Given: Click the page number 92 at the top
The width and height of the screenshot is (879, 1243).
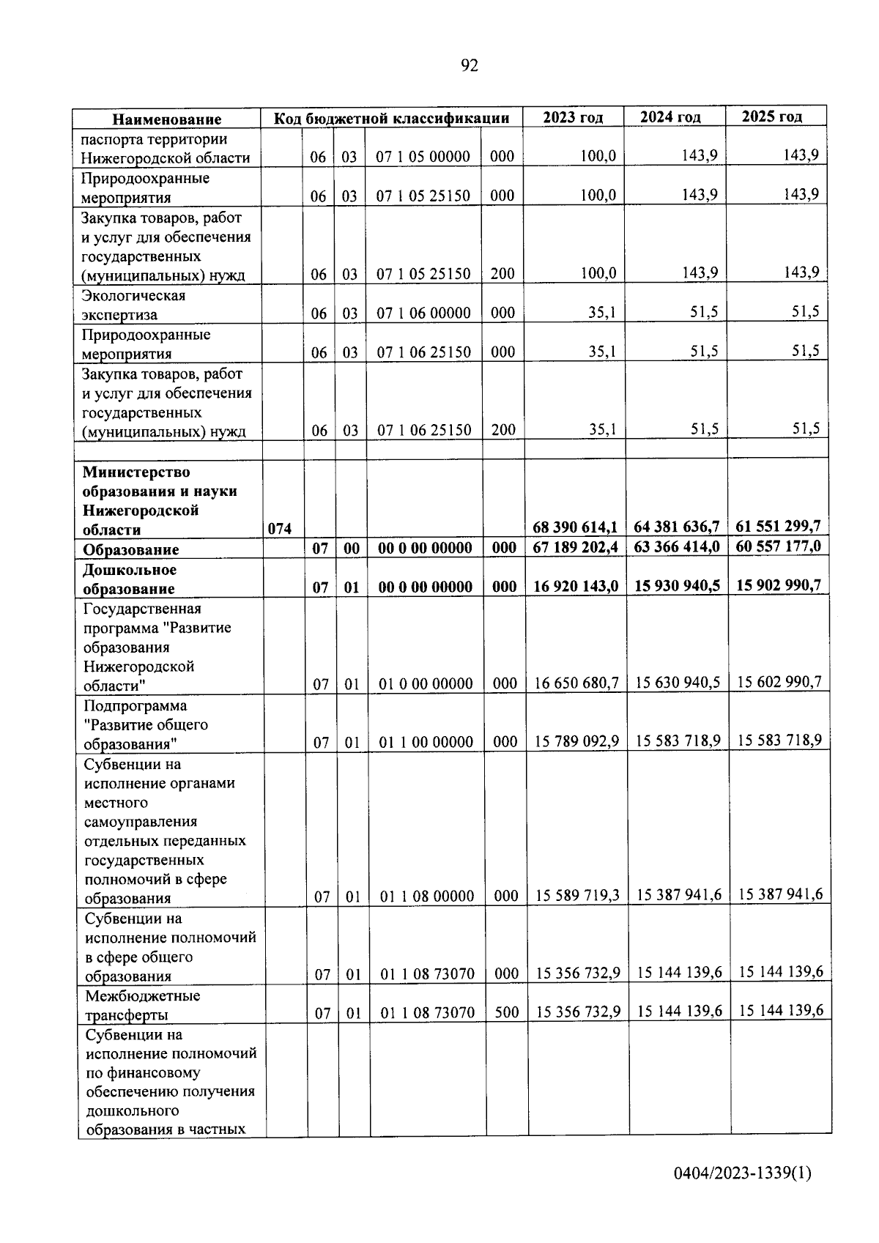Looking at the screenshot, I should (470, 66).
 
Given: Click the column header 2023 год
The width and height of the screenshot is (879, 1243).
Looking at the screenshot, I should (573, 117).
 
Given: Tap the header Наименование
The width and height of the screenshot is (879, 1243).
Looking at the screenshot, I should (166, 119).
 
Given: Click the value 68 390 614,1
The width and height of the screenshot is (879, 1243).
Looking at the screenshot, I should (574, 527).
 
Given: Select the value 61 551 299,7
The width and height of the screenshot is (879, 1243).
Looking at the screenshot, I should (778, 526).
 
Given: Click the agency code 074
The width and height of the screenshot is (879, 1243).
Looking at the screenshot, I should (279, 529).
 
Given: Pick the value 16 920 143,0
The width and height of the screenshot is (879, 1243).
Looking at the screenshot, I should (575, 586).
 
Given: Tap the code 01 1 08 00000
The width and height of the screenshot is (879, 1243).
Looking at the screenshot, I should (426, 896).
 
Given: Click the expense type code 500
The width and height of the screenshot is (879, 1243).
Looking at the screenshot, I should (506, 1012).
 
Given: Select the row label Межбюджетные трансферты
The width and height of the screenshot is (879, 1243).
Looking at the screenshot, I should (142, 1005).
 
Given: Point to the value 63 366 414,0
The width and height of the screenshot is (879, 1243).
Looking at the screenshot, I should (676, 547).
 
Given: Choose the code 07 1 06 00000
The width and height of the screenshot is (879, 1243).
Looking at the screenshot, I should (423, 313).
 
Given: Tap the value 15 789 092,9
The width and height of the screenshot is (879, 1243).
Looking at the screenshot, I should (576, 741).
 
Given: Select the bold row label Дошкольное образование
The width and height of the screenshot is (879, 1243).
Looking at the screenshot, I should (129, 579).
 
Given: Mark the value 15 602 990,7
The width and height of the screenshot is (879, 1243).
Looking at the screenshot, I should (779, 682).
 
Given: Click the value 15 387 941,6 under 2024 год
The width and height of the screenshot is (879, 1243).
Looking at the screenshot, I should (678, 895).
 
